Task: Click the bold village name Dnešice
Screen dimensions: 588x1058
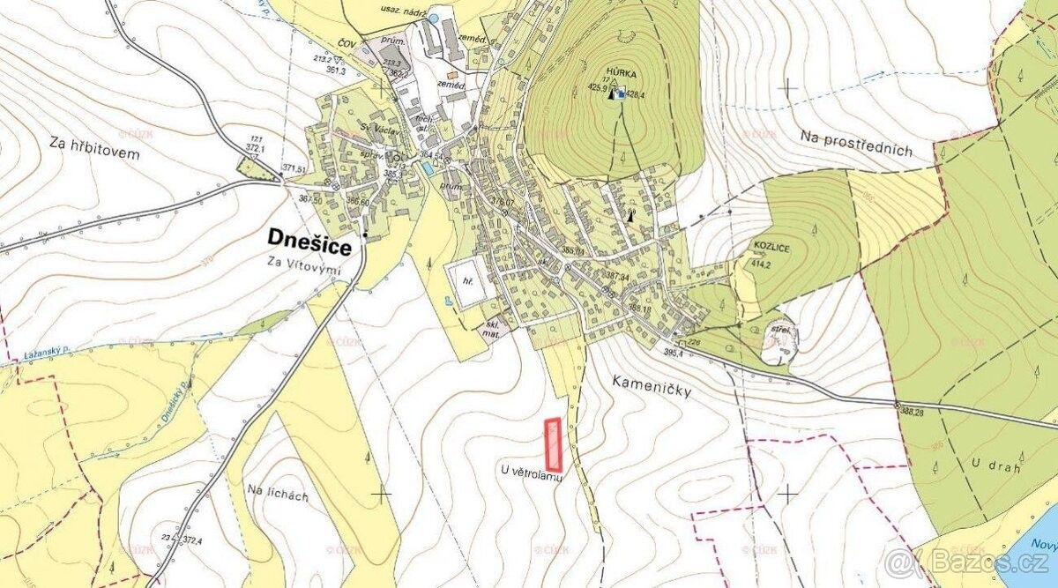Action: coord(309,243)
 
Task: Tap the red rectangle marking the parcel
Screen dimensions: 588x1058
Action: coord(554,444)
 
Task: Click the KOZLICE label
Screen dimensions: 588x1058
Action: coord(771,249)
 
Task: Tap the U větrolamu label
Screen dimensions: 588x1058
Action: coord(531,473)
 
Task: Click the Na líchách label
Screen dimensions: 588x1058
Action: coord(278,495)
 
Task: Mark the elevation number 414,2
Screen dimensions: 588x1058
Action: coord(761,263)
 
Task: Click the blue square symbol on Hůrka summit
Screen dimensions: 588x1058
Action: coord(621,94)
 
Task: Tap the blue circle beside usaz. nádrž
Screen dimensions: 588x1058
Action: coord(432,17)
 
